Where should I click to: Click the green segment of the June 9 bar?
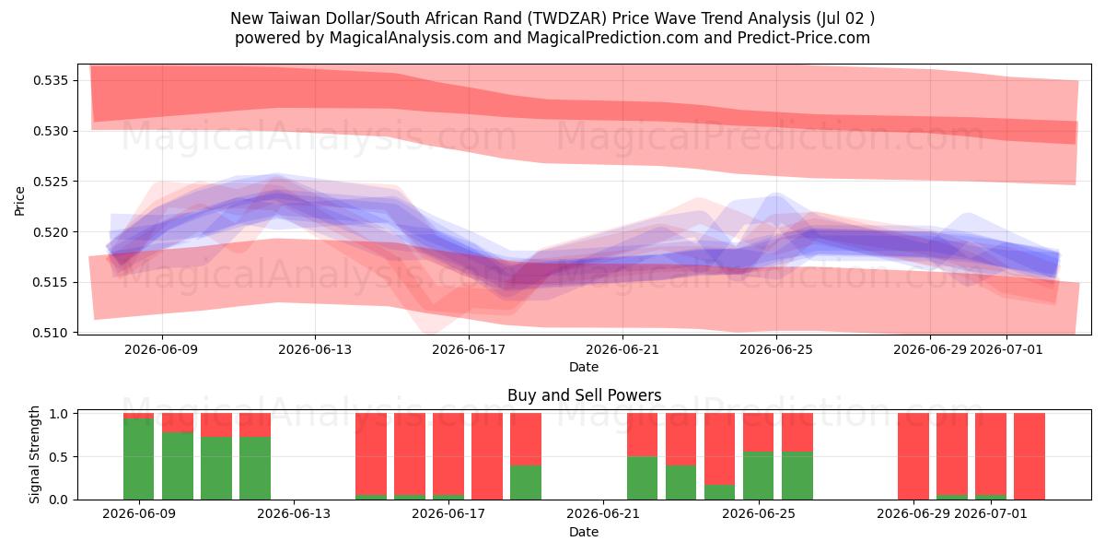[x=139, y=459]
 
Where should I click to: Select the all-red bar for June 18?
[x=487, y=456]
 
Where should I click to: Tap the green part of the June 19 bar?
[x=526, y=482]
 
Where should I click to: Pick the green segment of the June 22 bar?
[x=643, y=478]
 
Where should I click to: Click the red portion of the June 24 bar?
[x=719, y=449]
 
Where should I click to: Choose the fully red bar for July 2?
[x=1029, y=456]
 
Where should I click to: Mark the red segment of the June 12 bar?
[x=255, y=425]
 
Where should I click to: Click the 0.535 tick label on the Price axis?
[x=52, y=80]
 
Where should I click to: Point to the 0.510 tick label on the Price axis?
[x=52, y=334]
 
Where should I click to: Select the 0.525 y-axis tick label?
[x=52, y=182]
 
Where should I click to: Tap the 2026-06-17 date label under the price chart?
[x=469, y=350]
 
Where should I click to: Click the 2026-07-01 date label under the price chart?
[x=1006, y=350]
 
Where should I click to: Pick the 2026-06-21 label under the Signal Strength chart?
[x=603, y=514]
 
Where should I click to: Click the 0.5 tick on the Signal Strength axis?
[x=60, y=457]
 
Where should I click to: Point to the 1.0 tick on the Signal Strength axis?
[x=60, y=414]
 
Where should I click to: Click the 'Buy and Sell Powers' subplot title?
[x=584, y=395]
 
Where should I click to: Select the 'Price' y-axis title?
[x=19, y=202]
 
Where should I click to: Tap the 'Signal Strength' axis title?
[x=34, y=455]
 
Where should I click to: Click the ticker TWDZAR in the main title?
[x=569, y=18]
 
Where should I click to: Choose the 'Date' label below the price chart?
[x=584, y=368]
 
